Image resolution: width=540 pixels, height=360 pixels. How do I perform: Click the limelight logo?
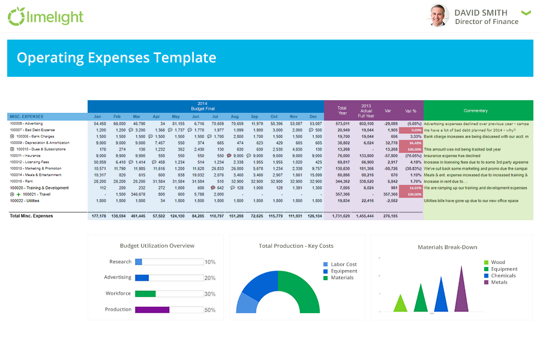click(x=46, y=17)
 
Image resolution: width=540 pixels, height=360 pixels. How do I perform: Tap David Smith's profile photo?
click(x=439, y=16)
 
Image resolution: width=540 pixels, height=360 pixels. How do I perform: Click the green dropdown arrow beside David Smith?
click(x=526, y=13)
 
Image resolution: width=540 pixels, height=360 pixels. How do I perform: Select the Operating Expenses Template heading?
click(x=116, y=58)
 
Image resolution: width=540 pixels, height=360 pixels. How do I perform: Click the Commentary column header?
click(x=476, y=110)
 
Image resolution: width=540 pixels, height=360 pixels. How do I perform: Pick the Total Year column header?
click(x=342, y=110)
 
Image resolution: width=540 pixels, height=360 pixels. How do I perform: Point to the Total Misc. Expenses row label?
click(x=31, y=216)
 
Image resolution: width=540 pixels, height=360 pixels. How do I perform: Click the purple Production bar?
click(x=152, y=310)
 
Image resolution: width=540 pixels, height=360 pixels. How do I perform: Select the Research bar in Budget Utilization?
click(x=139, y=262)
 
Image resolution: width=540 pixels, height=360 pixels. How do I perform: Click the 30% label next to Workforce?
click(x=210, y=294)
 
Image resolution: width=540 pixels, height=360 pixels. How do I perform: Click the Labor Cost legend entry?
click(x=343, y=264)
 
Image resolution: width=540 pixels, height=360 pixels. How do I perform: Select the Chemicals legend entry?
click(x=503, y=275)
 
